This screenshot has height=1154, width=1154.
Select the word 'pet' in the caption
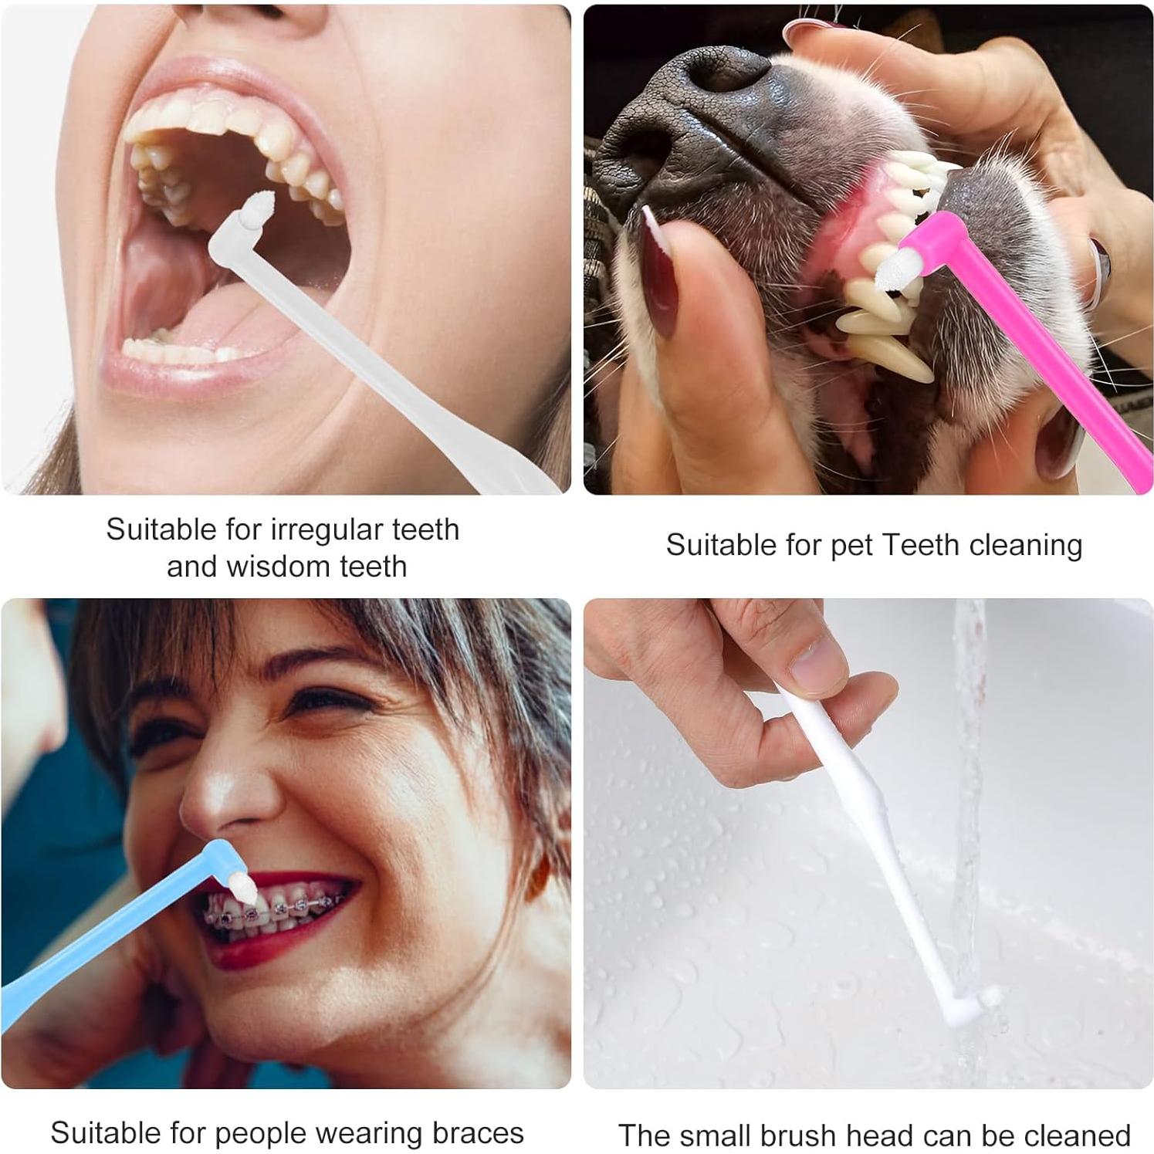pyautogui.click(x=851, y=546)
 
